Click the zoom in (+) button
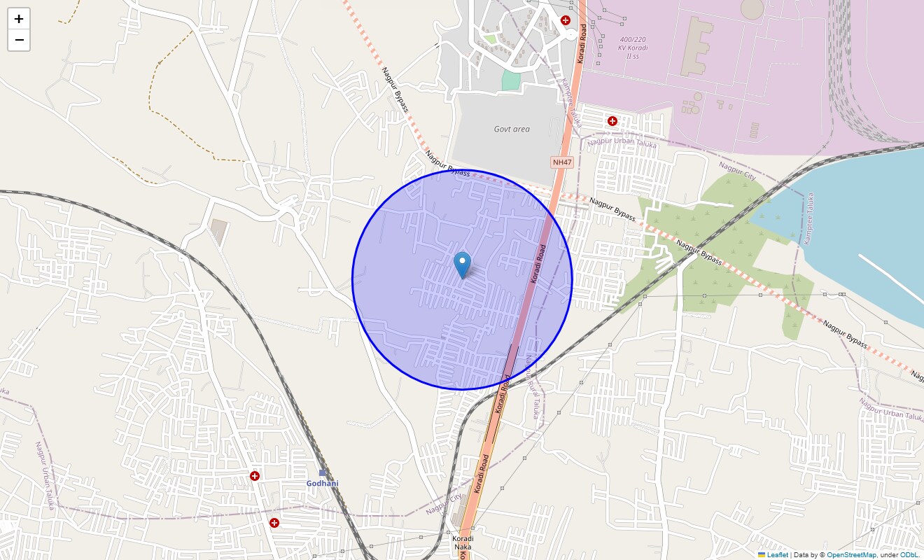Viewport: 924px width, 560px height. (x=19, y=19)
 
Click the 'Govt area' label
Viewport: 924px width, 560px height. (x=512, y=129)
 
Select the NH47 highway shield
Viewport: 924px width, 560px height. (x=562, y=162)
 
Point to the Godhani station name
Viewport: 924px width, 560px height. (x=322, y=484)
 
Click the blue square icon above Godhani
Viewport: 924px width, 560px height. (x=323, y=473)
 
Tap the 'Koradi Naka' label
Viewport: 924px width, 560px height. (x=463, y=542)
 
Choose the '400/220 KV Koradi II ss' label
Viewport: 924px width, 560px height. (x=633, y=48)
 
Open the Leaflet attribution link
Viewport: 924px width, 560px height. (x=777, y=555)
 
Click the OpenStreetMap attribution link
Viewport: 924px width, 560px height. (x=851, y=555)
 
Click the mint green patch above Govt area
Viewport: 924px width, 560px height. (x=512, y=80)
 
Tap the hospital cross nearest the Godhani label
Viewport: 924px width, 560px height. (x=255, y=476)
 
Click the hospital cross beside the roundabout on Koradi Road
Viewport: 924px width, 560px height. (x=565, y=20)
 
